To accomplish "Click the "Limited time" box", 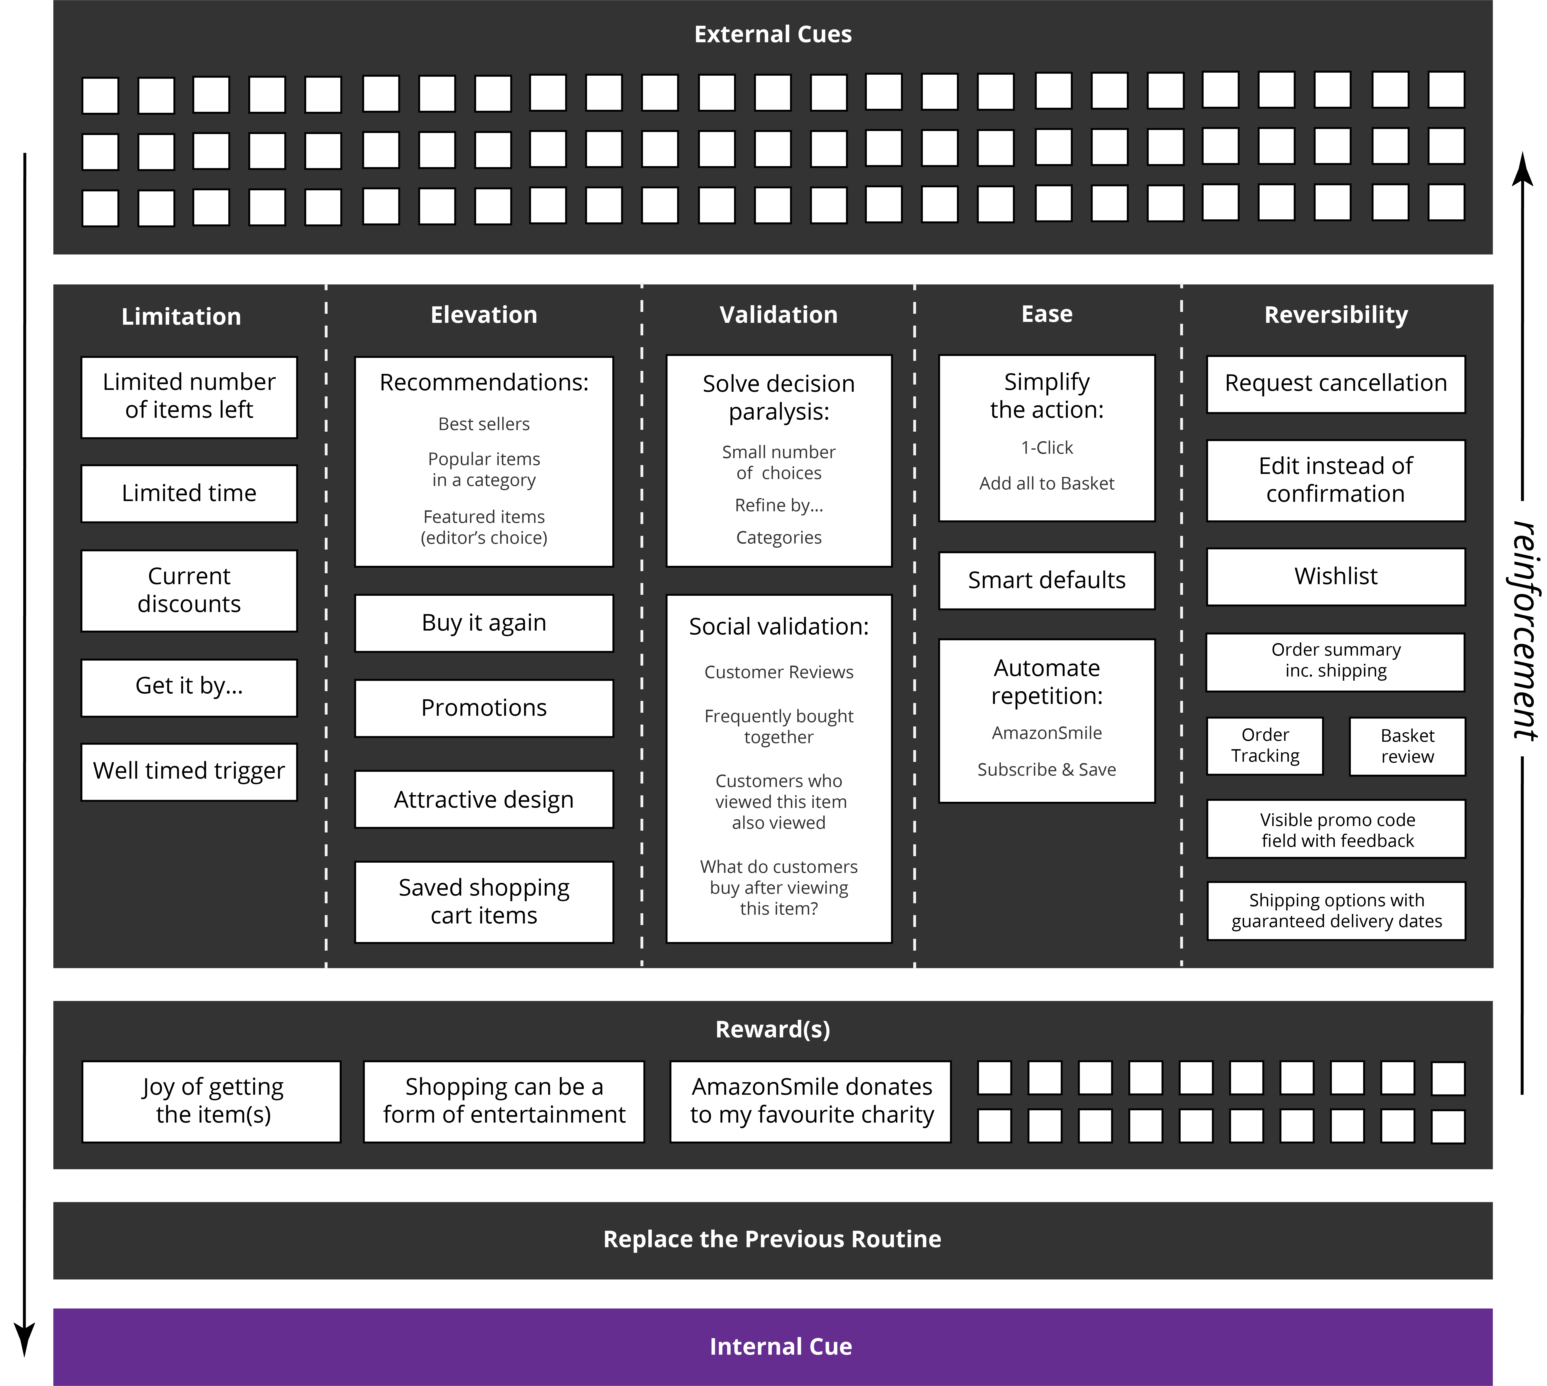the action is (189, 493).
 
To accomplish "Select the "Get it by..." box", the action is (189, 688).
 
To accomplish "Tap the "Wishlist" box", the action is (1336, 576).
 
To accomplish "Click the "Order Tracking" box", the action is (1265, 746).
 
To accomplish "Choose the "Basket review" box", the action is (1408, 746).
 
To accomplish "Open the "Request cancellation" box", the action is (1336, 384).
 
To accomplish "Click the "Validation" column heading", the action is (778, 314).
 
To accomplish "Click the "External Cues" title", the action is (773, 34).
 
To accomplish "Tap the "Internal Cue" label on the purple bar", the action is (781, 1346).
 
